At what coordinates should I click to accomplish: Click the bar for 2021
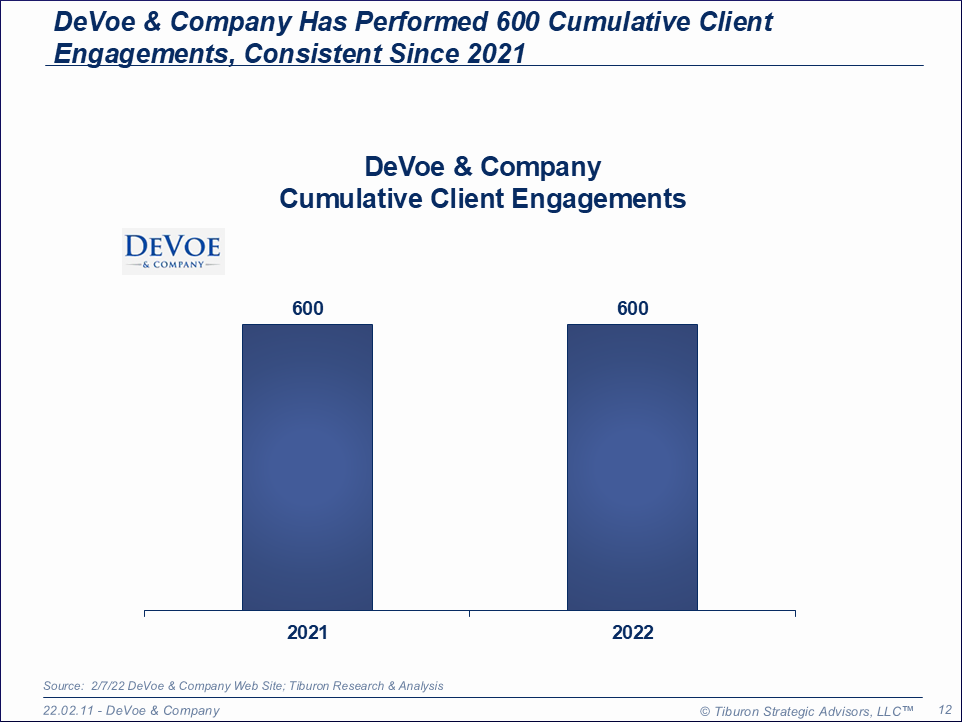click(x=307, y=466)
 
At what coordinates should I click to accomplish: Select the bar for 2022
click(x=632, y=466)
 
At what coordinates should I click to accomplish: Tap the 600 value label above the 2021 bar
click(x=308, y=308)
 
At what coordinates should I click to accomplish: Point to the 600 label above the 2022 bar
click(x=633, y=308)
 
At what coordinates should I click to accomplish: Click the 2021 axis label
click(x=307, y=633)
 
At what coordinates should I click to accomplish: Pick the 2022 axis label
click(x=633, y=633)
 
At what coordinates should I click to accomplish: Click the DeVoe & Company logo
click(x=173, y=251)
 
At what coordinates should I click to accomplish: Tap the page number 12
click(x=944, y=710)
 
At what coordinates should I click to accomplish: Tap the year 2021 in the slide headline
click(x=496, y=54)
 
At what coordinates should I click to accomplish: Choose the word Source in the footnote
click(x=62, y=686)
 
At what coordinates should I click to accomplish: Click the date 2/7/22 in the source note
click(x=107, y=686)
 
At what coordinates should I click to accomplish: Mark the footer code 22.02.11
click(x=67, y=710)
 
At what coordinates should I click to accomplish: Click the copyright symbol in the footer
click(x=705, y=711)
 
